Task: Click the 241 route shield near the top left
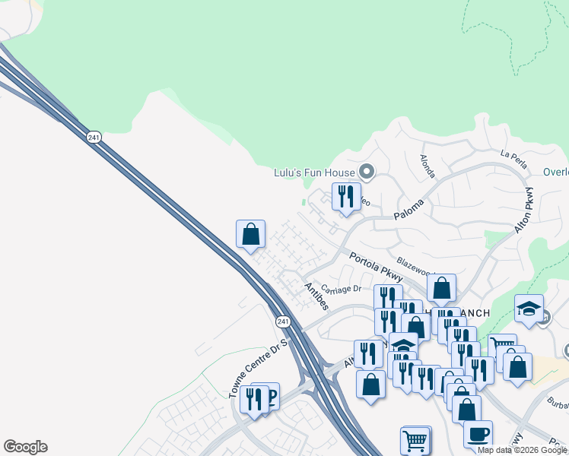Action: click(x=94, y=137)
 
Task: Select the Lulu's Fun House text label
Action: click(x=314, y=173)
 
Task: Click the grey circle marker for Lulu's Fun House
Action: click(x=367, y=172)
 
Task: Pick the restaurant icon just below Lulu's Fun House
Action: click(x=346, y=197)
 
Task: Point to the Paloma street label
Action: click(x=408, y=211)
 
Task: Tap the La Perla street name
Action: click(x=513, y=154)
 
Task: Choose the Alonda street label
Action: click(x=428, y=166)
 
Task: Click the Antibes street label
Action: click(x=316, y=296)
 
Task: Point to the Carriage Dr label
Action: click(x=340, y=289)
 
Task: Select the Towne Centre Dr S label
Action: click(x=259, y=368)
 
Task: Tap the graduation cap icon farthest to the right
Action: click(x=529, y=309)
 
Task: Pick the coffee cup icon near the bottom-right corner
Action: click(x=478, y=434)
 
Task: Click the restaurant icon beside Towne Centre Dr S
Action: click(x=254, y=397)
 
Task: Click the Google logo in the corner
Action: click(x=25, y=447)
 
